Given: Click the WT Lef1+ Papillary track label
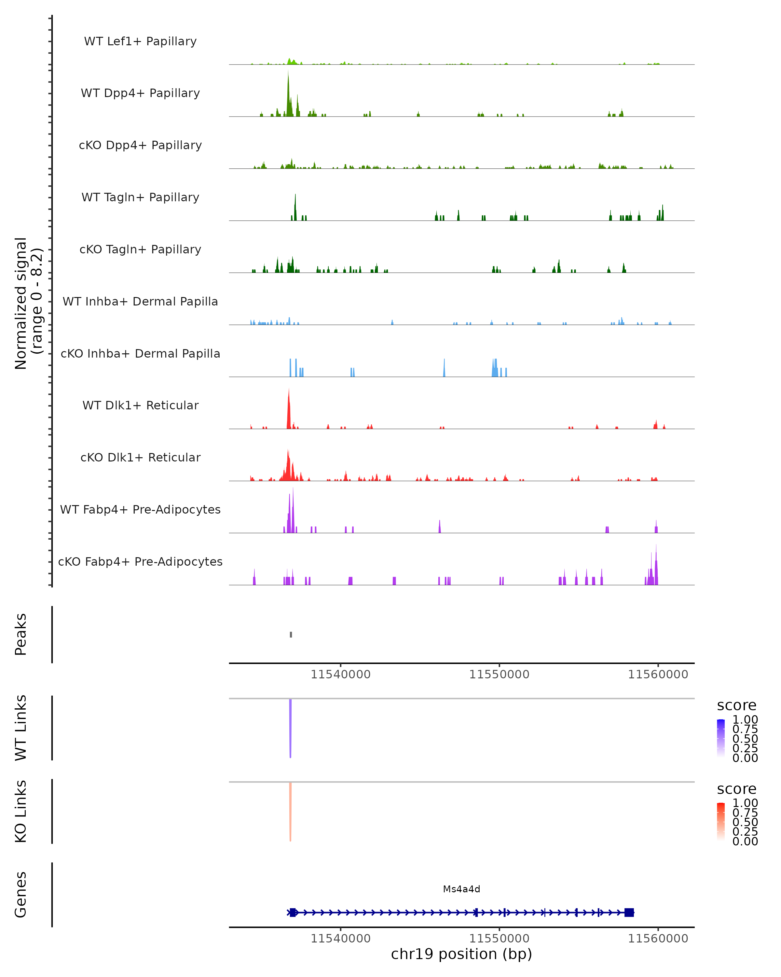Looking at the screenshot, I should tap(140, 41).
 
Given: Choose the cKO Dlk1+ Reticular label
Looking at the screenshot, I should tap(140, 457).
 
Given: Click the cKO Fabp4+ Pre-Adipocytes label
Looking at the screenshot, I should tap(140, 561).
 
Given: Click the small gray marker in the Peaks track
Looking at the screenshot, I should tap(291, 634).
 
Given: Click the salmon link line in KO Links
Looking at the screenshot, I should tap(290, 811).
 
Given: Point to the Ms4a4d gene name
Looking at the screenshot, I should tap(461, 889).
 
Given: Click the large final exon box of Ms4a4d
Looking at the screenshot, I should tap(629, 912).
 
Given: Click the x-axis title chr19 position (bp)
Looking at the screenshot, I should tap(461, 954).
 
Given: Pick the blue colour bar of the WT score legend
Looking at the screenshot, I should tap(721, 738).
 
